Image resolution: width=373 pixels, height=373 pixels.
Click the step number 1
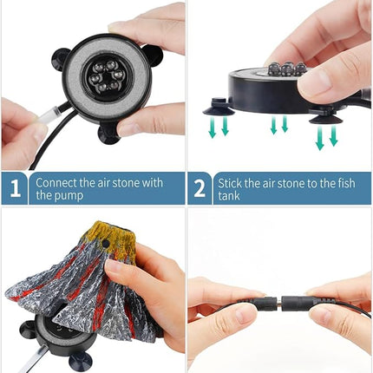tap(15, 188)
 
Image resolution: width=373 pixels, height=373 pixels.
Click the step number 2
tap(200, 188)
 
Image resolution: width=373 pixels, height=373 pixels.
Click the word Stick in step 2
tap(230, 183)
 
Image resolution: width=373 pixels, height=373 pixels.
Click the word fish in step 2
tap(346, 183)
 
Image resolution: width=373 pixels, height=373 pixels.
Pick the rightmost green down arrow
tap(333, 135)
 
